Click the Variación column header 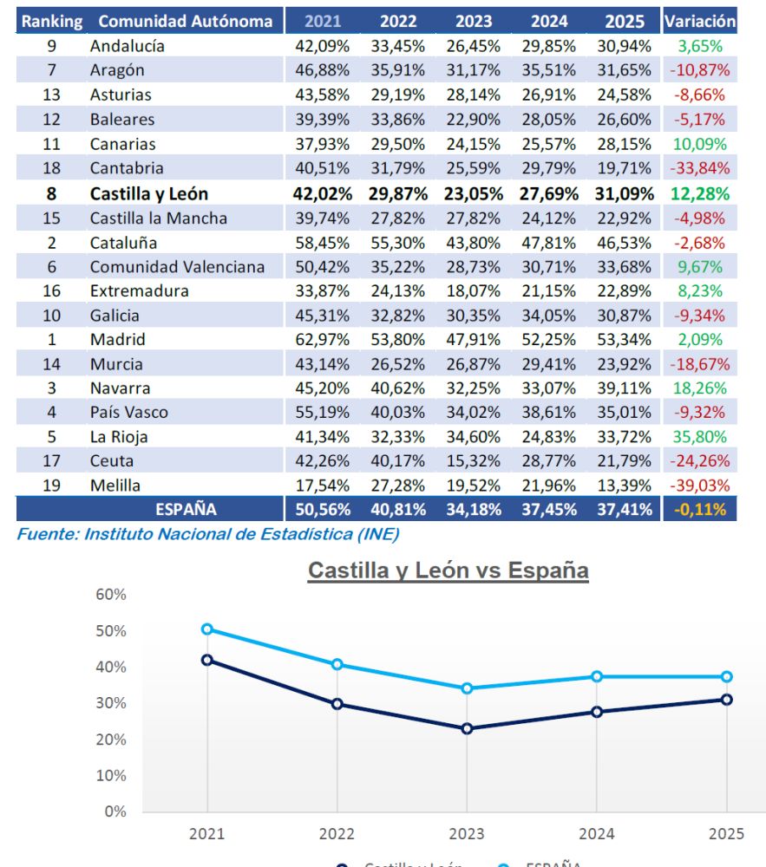[x=699, y=21]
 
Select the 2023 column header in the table [x=473, y=21]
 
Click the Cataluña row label [x=124, y=243]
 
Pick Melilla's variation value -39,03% [x=699, y=486]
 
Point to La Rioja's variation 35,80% [x=699, y=437]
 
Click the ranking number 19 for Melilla [x=51, y=486]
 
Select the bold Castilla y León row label [x=149, y=194]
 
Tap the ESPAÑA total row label [x=186, y=510]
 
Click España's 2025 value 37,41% [x=624, y=510]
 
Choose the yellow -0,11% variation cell [x=699, y=510]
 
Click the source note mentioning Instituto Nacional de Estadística [x=208, y=534]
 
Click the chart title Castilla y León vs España [x=448, y=570]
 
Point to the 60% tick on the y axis [x=110, y=595]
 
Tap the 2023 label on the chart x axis [x=467, y=834]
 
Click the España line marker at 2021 [x=207, y=629]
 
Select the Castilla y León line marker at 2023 [x=467, y=728]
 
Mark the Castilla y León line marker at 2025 [x=726, y=700]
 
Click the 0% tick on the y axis [x=115, y=812]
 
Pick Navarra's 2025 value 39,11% [x=624, y=388]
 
